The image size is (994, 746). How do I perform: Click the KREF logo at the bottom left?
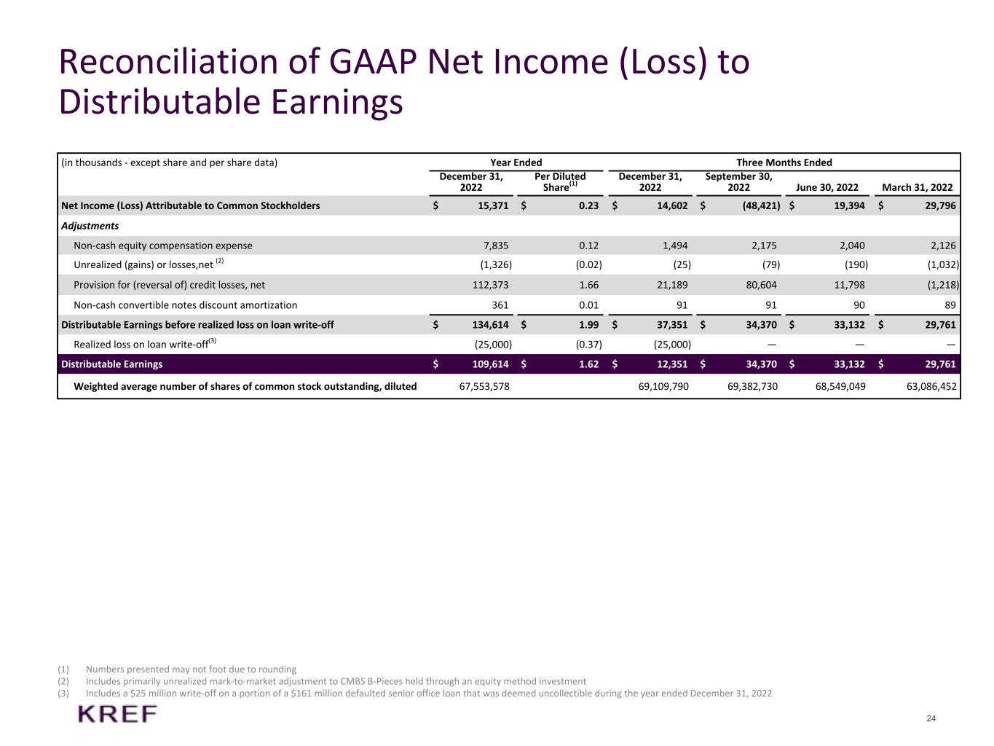117,714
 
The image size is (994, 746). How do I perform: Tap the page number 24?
931,719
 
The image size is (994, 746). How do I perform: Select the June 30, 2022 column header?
827,187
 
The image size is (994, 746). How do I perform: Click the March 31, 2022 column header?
917,187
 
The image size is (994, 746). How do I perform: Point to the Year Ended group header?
516,162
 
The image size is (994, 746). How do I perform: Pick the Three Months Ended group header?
784,162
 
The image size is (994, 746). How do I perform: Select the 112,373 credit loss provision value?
491,285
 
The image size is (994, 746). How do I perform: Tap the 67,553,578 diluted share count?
484,386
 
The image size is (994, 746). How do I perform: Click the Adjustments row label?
90,226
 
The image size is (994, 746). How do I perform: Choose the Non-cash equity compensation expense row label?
163,246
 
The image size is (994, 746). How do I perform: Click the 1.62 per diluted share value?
588,364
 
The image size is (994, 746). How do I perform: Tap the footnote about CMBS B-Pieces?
336,681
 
